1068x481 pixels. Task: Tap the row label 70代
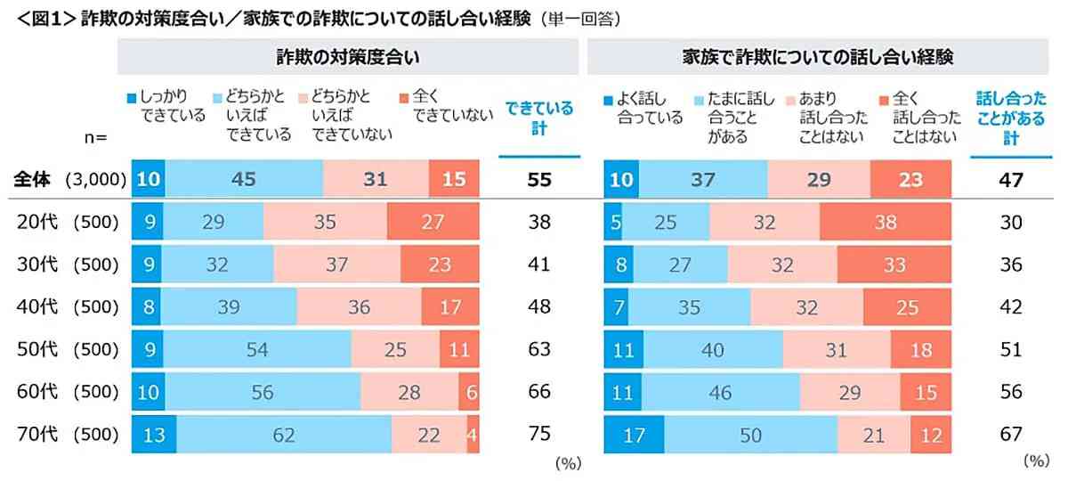tap(37, 435)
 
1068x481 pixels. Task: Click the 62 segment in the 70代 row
tap(283, 435)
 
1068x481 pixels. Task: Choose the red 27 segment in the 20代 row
tap(433, 222)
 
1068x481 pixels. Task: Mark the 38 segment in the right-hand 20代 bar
tap(885, 222)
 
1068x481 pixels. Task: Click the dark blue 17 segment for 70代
tap(634, 435)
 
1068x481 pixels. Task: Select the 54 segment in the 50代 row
tap(257, 350)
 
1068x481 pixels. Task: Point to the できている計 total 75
tap(538, 435)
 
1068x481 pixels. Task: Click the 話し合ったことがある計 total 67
tap(1010, 435)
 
